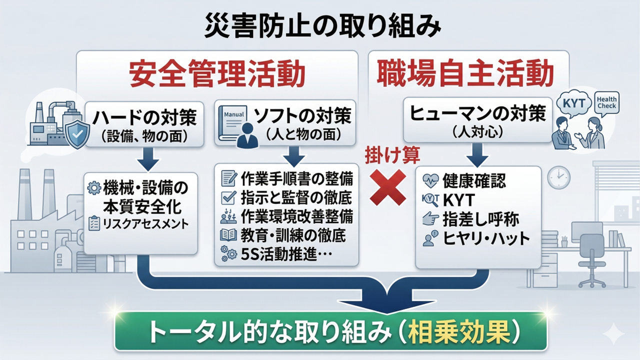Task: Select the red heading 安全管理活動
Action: pyautogui.click(x=217, y=73)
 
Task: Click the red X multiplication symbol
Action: pyautogui.click(x=387, y=187)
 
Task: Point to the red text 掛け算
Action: pyautogui.click(x=392, y=155)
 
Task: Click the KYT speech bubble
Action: pyautogui.click(x=573, y=104)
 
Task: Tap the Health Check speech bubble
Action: pyautogui.click(x=606, y=103)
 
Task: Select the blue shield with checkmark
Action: pyautogui.click(x=77, y=133)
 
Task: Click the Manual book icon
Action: pyautogui.click(x=233, y=123)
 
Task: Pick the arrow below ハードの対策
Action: pyautogui.click(x=148, y=159)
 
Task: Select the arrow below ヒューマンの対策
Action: pyautogui.click(x=477, y=154)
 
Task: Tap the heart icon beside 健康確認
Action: pyautogui.click(x=430, y=180)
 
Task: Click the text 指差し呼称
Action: pyautogui.click(x=480, y=219)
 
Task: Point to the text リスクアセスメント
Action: pyautogui.click(x=145, y=224)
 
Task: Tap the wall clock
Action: pyautogui.click(x=558, y=177)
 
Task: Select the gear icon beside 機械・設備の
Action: pyautogui.click(x=94, y=188)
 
